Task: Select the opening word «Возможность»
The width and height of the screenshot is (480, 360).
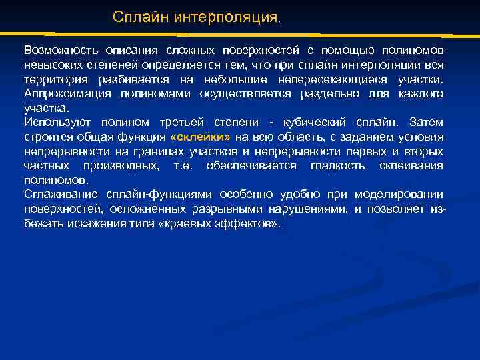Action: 57,51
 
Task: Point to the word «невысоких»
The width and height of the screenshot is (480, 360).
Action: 51,65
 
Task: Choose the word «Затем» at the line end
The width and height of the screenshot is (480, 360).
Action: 427,123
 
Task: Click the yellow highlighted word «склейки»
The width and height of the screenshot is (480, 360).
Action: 200,137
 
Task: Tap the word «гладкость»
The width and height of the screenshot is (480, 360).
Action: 335,166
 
